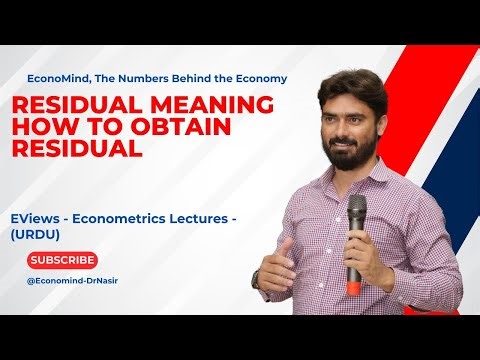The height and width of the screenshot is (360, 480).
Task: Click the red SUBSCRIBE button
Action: click(x=63, y=260)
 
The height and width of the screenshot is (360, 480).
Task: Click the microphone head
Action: click(x=356, y=208)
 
